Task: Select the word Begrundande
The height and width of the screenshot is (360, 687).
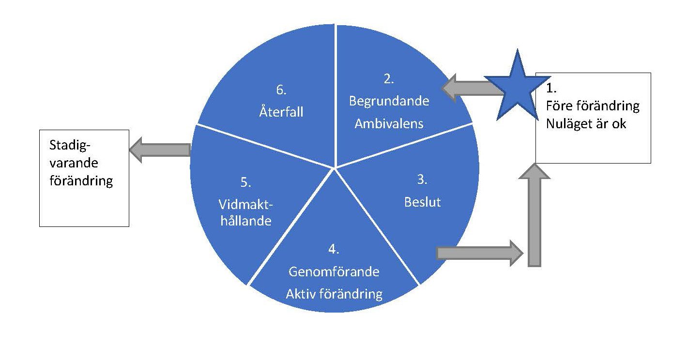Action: click(389, 102)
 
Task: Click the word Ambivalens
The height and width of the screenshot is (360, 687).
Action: click(389, 123)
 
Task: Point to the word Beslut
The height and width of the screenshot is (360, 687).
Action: click(422, 202)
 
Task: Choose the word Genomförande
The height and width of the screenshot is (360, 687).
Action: click(334, 272)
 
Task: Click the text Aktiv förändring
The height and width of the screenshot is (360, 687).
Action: click(334, 294)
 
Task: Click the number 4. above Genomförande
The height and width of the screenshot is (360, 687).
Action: click(333, 250)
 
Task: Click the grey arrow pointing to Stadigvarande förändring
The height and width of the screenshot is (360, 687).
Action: click(160, 150)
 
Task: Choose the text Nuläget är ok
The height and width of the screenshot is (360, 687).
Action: click(586, 123)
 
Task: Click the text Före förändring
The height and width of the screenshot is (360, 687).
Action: click(592, 105)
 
